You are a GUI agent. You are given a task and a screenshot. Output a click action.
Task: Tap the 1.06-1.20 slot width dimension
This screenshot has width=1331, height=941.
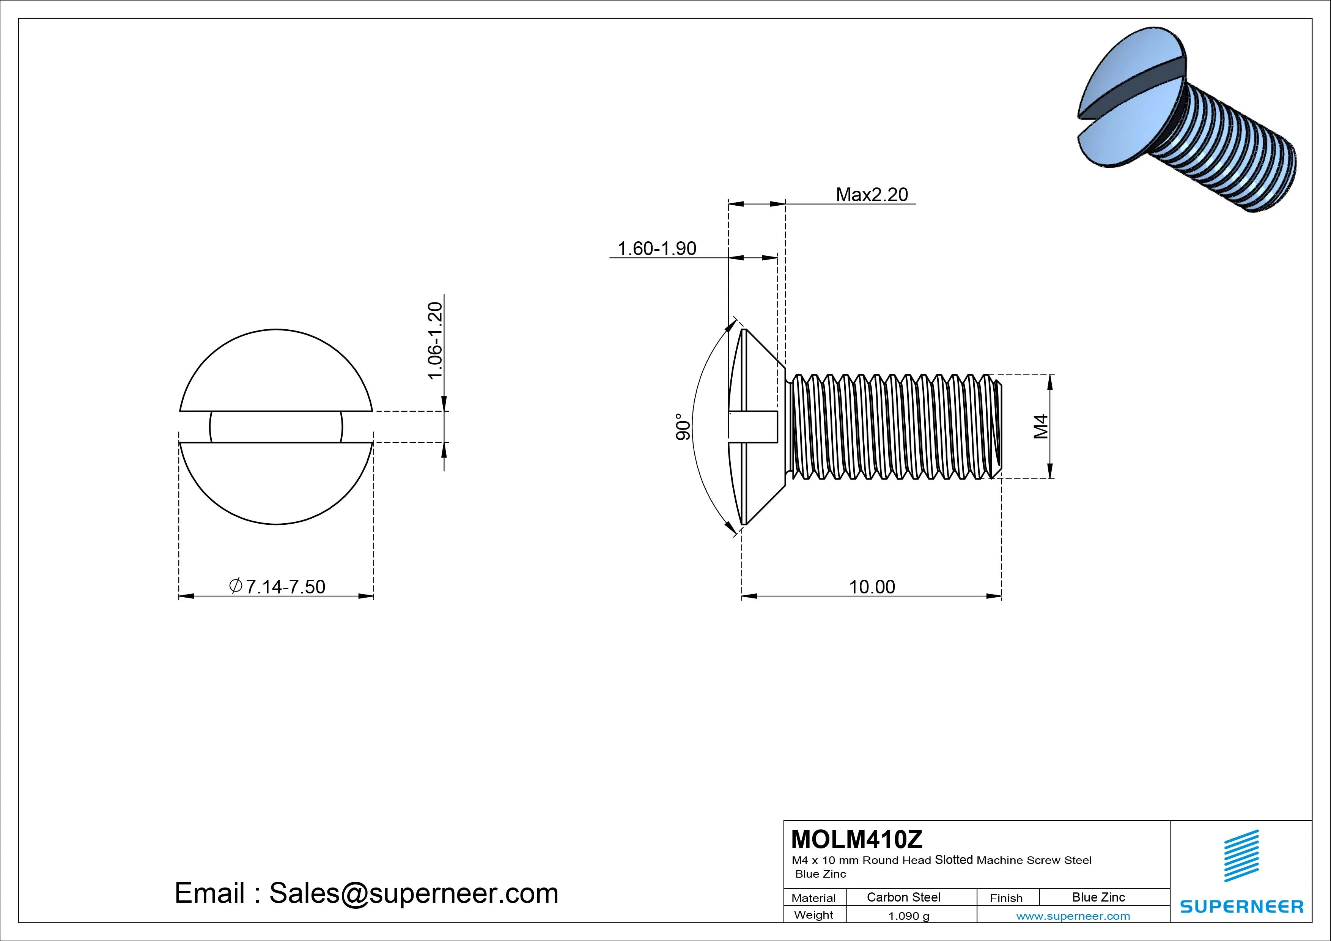click(x=435, y=340)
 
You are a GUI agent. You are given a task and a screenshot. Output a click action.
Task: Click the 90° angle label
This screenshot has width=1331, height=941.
click(x=683, y=427)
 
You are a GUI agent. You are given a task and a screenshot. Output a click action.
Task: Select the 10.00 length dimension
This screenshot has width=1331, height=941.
click(x=872, y=587)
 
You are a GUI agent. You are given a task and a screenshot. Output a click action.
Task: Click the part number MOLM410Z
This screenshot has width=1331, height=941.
click(x=856, y=839)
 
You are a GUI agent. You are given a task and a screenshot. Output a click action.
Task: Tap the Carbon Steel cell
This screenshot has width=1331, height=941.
click(x=903, y=897)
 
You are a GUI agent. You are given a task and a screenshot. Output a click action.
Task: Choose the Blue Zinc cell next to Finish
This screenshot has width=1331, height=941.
click(x=1098, y=897)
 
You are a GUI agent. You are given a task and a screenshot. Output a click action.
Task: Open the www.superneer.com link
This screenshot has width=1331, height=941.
click(x=1073, y=916)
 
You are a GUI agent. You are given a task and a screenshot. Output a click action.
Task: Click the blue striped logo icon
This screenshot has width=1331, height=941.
click(x=1241, y=855)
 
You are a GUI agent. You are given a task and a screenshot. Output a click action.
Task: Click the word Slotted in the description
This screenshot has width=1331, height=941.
click(x=953, y=860)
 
